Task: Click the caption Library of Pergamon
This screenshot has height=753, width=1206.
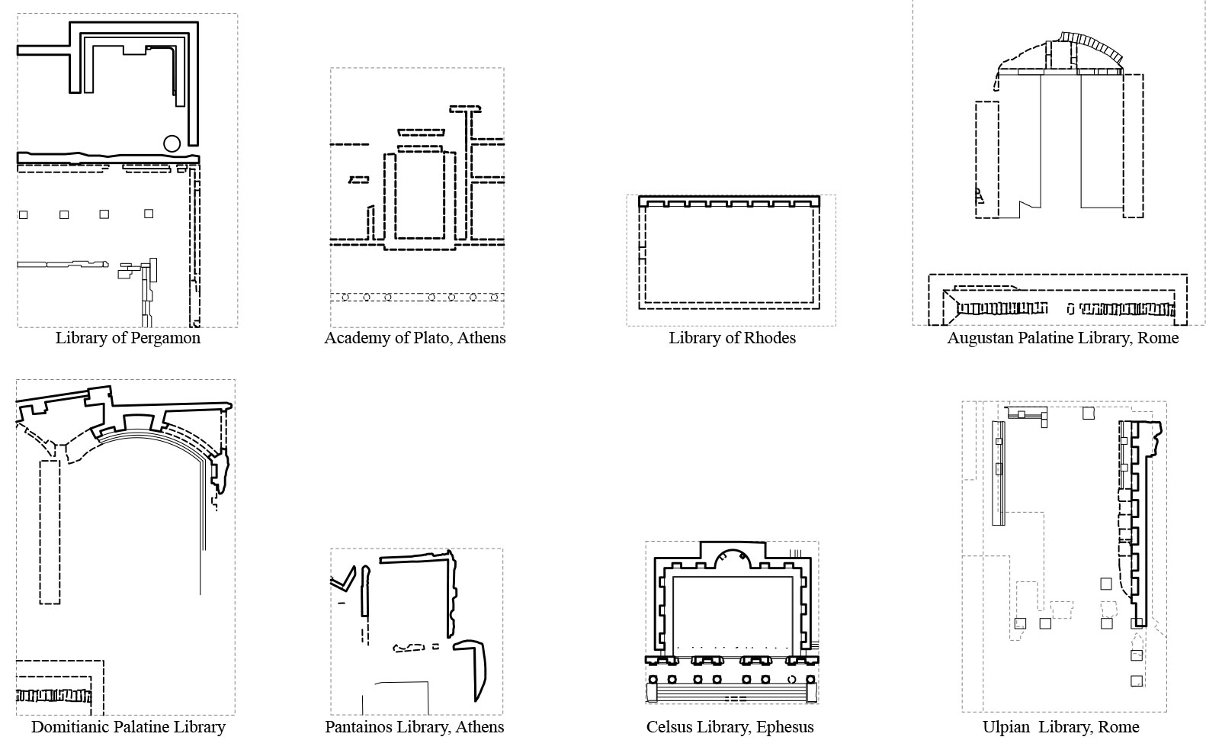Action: pyautogui.click(x=127, y=338)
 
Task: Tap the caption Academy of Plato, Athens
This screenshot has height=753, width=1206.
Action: pyautogui.click(x=415, y=338)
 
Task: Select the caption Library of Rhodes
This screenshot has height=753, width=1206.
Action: pyautogui.click(x=732, y=338)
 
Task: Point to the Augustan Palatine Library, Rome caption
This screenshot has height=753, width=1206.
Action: pyautogui.click(x=1063, y=338)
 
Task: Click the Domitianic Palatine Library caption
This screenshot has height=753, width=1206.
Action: pyautogui.click(x=128, y=726)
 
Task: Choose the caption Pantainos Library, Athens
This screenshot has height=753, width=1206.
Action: pyautogui.click(x=415, y=726)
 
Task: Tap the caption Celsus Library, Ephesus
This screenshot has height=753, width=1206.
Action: pyautogui.click(x=730, y=726)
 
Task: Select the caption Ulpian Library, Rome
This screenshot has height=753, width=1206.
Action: pyautogui.click(x=1061, y=726)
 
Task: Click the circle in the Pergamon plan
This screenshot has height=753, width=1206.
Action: pyautogui.click(x=172, y=143)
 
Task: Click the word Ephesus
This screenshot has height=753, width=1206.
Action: pyautogui.click(x=785, y=727)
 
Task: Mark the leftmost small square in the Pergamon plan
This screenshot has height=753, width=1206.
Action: pyautogui.click(x=23, y=215)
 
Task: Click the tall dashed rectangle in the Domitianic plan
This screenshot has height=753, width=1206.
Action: pyautogui.click(x=50, y=533)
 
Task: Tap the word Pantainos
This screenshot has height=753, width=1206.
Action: pyautogui.click(x=358, y=726)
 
